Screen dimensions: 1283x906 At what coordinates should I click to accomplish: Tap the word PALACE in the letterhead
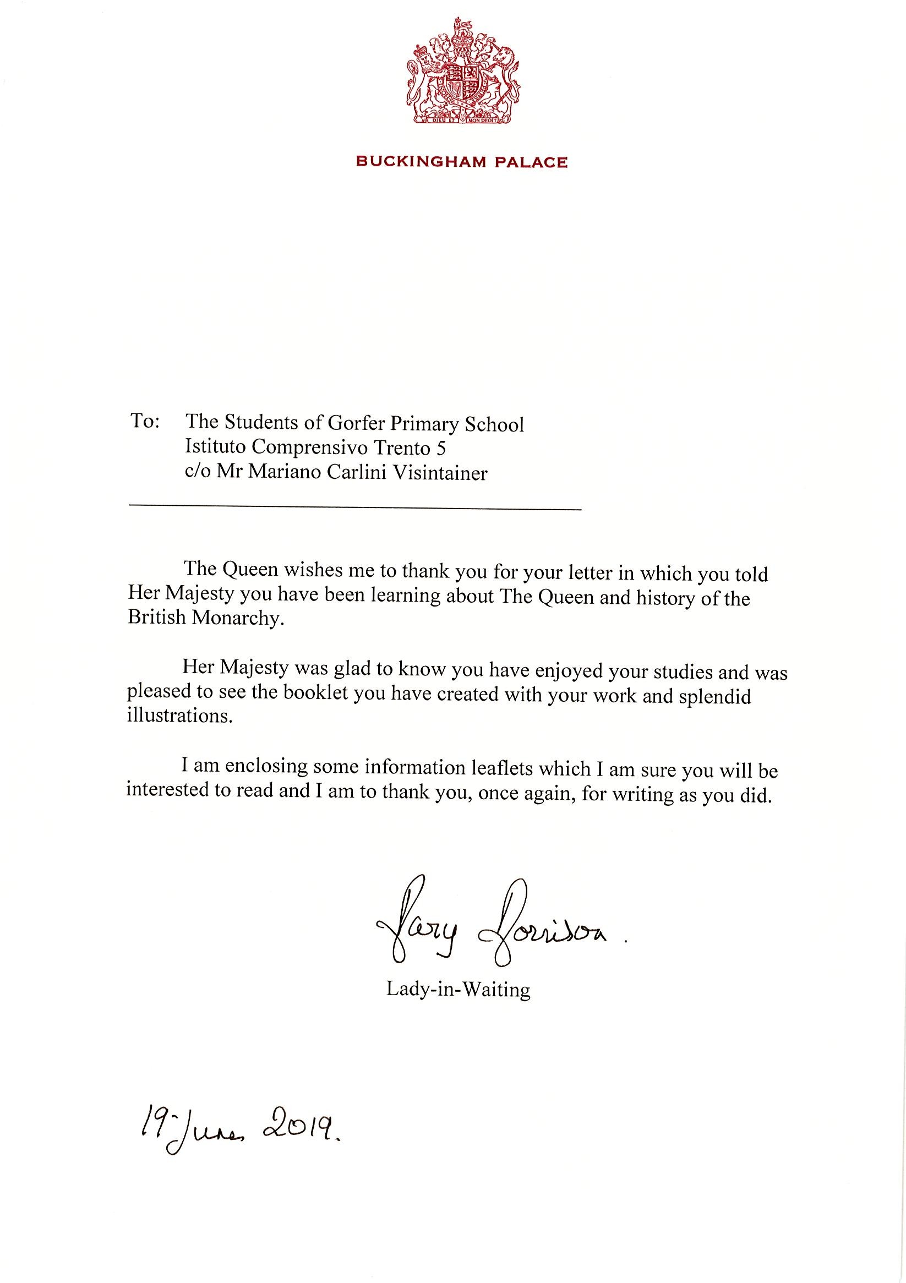(532, 162)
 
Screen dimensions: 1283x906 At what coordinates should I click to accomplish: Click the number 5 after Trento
(441, 448)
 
